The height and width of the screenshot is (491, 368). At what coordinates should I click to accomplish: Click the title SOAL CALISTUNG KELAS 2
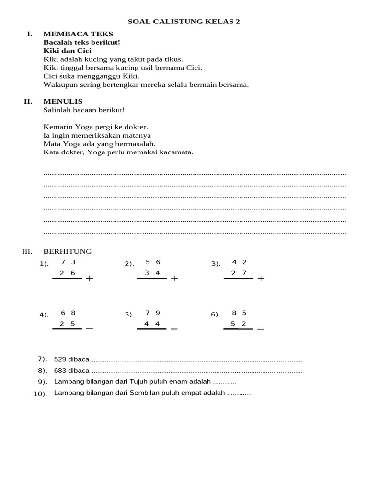click(184, 22)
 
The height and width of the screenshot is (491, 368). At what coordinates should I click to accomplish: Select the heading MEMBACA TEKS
click(78, 34)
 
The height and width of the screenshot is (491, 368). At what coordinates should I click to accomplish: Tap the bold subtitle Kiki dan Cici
click(67, 51)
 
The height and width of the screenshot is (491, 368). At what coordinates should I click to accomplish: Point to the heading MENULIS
click(63, 101)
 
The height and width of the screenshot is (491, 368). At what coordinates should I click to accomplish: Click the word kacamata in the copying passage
click(177, 152)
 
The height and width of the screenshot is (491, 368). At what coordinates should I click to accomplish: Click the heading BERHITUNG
click(68, 251)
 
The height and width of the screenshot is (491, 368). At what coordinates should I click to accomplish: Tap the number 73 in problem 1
click(68, 262)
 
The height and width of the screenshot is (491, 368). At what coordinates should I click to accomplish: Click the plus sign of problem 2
click(174, 279)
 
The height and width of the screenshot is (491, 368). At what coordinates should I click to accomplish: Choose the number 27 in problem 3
click(239, 273)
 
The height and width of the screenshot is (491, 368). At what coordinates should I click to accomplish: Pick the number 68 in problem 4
click(68, 313)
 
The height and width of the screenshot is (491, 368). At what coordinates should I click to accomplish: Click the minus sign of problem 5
click(174, 329)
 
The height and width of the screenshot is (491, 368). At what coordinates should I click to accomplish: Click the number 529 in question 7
click(60, 359)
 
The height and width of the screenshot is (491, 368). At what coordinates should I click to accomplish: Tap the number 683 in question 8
click(60, 370)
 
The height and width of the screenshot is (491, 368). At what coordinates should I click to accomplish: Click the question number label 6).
click(216, 315)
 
